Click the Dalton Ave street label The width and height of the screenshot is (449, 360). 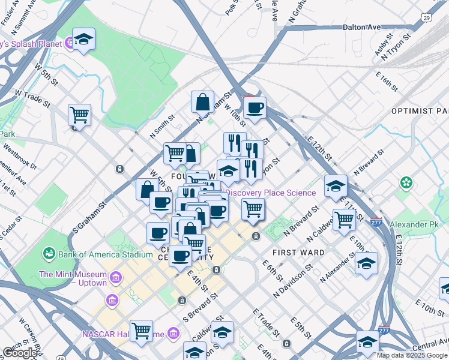point(362,27)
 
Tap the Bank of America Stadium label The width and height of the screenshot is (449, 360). point(105,254)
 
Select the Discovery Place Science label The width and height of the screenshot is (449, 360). point(270,193)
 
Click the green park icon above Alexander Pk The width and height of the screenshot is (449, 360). point(407,181)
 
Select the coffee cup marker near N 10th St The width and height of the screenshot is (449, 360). point(255,109)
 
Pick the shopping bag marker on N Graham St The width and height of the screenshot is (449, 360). point(203,102)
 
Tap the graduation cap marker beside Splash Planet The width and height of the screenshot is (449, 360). point(84,40)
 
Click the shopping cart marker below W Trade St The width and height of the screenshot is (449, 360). point(79,115)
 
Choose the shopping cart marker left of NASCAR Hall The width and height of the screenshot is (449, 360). point(141,331)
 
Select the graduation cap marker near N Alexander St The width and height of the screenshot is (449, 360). point(366,263)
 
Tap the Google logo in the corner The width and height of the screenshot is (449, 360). point(20,353)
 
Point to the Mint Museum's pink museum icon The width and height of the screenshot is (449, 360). point(116,278)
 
